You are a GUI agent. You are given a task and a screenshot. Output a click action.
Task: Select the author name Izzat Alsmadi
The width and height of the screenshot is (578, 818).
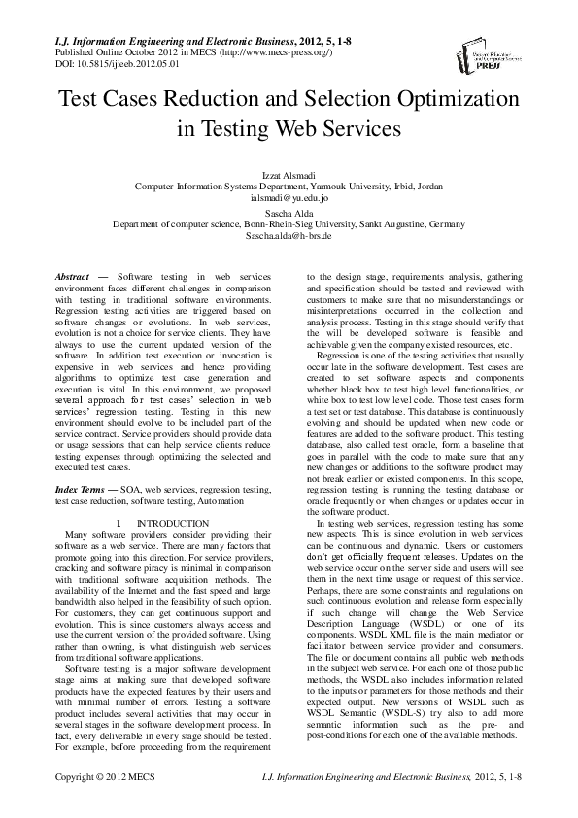click(289, 174)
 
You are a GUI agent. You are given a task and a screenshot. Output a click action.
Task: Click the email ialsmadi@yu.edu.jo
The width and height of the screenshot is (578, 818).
click(289, 197)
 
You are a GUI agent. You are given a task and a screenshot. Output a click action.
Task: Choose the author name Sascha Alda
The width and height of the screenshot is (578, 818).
click(289, 213)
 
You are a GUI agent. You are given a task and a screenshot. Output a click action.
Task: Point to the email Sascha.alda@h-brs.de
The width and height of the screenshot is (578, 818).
click(289, 236)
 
